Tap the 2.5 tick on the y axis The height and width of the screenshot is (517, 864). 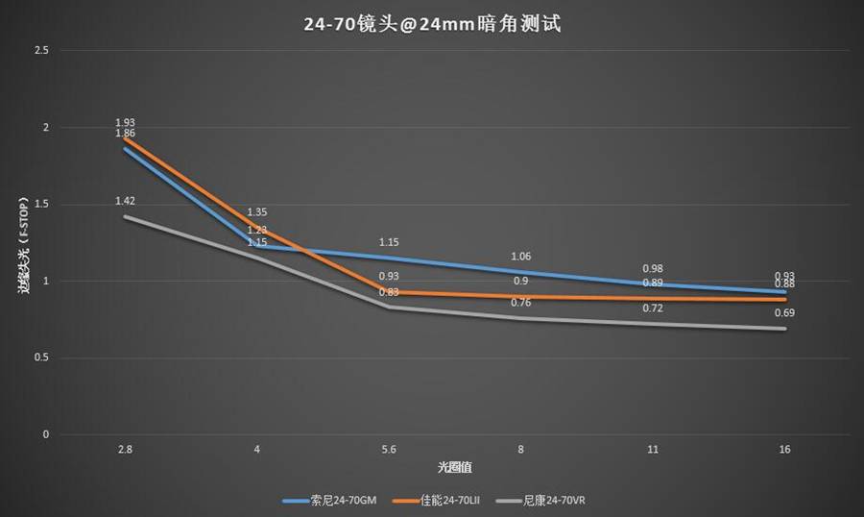(40, 50)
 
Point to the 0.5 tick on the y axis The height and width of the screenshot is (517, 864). (40, 358)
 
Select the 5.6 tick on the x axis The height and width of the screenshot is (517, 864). (389, 450)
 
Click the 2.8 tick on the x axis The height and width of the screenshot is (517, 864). (124, 450)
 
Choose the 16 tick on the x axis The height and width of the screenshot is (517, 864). (785, 450)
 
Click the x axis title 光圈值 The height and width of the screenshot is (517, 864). (454, 467)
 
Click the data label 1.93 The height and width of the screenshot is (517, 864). (125, 123)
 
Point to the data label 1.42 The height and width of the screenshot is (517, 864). (125, 201)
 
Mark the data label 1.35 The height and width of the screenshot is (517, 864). (257, 212)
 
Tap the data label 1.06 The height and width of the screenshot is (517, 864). (521, 257)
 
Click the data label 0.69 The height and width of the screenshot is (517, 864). (785, 313)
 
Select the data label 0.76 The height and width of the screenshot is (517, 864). (521, 303)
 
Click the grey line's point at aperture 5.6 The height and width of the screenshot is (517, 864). (389, 308)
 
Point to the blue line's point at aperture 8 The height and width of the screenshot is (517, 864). (521, 272)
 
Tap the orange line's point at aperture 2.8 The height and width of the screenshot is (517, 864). (125, 137)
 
